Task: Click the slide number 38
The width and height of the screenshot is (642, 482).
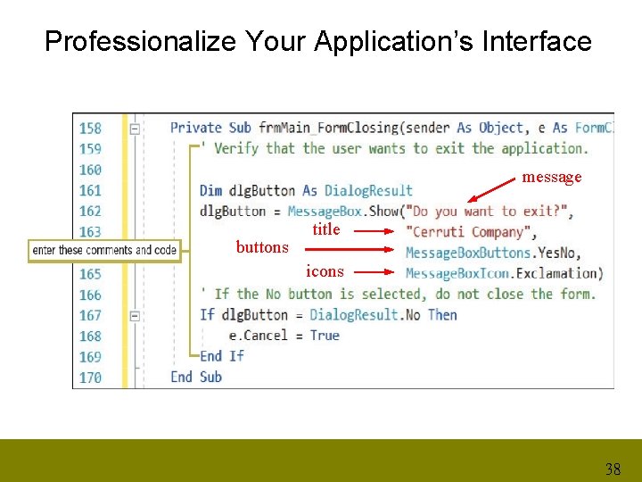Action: tap(613, 469)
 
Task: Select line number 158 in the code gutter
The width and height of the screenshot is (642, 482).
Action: tap(90, 128)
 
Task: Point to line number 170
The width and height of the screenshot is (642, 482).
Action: tap(90, 377)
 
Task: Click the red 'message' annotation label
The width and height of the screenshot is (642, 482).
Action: tap(552, 177)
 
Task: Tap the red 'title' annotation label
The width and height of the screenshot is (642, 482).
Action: tap(326, 229)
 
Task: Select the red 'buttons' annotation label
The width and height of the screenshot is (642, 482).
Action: tap(262, 247)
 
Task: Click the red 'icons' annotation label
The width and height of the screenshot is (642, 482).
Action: tap(325, 270)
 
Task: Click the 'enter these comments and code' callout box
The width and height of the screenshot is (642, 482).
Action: tap(104, 250)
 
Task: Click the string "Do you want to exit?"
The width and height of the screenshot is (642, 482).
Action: tap(489, 212)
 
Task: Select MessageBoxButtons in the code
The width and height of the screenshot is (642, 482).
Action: tap(468, 253)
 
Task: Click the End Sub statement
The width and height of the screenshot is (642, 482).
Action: tap(196, 377)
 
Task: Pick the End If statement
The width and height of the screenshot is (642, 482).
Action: tap(221, 355)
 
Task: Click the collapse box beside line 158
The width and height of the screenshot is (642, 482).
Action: tap(135, 129)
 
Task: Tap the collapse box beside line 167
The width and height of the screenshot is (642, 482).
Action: tap(135, 315)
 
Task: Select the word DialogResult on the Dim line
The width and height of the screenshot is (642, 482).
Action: tap(368, 190)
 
